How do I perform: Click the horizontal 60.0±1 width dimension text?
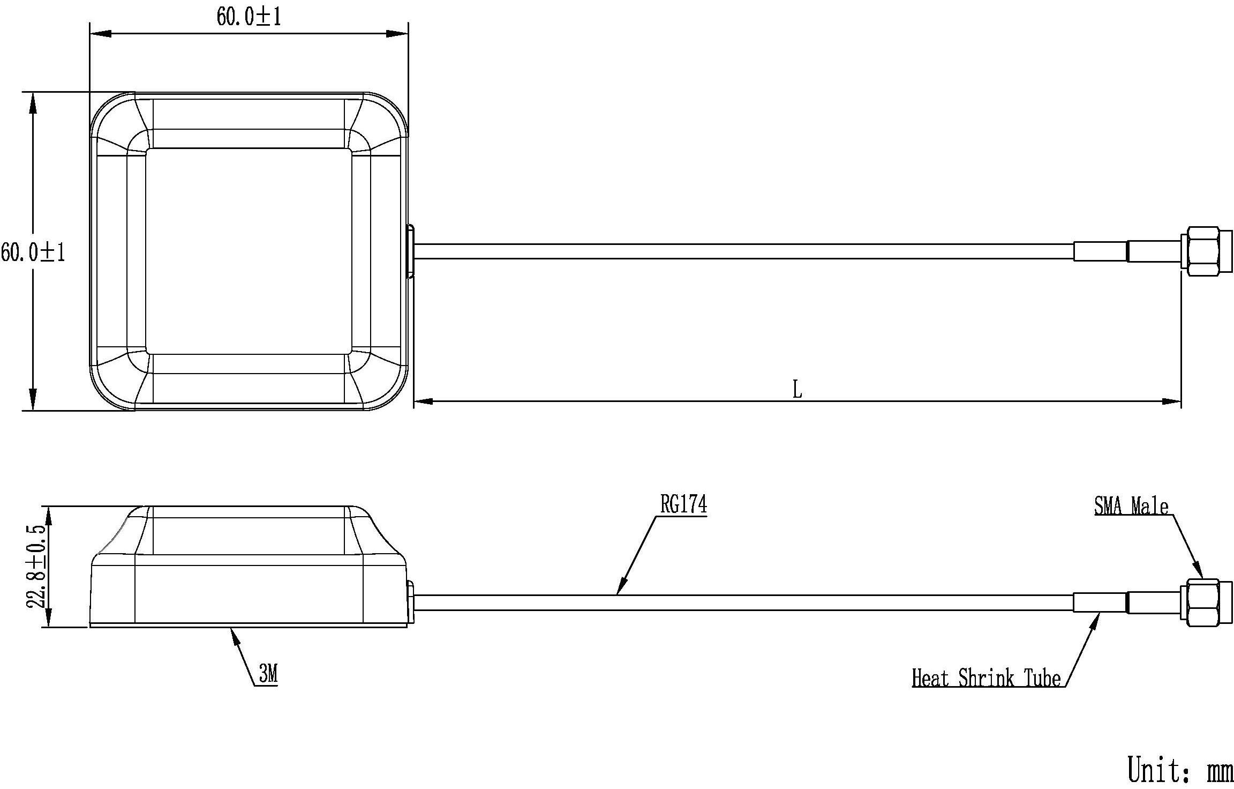coord(249,17)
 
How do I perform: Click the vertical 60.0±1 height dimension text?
coord(33,252)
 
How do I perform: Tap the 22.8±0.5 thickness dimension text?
coord(37,567)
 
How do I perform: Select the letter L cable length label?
coord(797,390)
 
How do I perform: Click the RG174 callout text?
coord(683,504)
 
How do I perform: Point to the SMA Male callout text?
coord(1131,505)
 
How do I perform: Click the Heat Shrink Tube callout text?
coord(986,678)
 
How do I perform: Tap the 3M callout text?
coord(268,674)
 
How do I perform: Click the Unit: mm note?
coord(1180,769)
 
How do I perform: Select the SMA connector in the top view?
coord(1206,251)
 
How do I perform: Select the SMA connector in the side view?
coord(1206,602)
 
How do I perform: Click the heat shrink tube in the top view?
coord(1100,251)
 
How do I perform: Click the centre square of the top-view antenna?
coord(249,251)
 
